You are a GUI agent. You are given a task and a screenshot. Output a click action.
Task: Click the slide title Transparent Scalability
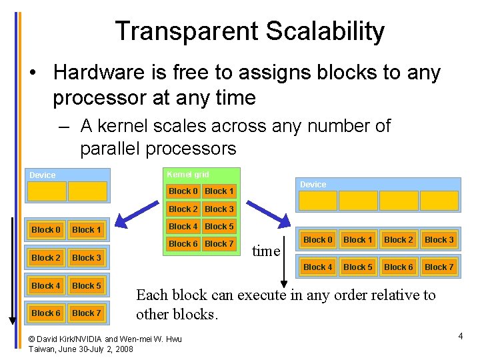point(249,31)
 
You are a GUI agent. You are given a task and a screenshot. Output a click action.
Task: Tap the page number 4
point(460,336)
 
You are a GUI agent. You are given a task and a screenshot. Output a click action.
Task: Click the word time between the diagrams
point(266,251)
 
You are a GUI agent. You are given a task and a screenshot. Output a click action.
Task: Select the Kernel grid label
point(187,175)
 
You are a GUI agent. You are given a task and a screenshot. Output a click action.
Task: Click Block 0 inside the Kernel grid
point(183,191)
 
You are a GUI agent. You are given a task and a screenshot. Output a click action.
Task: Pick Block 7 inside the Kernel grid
point(219,244)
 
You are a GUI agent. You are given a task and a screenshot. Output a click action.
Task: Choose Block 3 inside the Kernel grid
point(219,209)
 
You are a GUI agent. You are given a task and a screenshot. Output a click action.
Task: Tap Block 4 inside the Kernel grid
point(183,227)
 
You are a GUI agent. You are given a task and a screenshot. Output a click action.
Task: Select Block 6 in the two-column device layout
point(46,313)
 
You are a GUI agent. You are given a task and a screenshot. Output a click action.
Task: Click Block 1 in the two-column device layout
point(87,230)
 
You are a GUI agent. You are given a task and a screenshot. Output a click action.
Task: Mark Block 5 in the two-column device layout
point(87,286)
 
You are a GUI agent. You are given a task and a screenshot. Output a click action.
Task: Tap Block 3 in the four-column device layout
point(439,240)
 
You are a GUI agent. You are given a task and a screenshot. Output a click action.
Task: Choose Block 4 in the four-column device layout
point(317,267)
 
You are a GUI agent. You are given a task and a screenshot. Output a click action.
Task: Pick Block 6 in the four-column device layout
point(399,267)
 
